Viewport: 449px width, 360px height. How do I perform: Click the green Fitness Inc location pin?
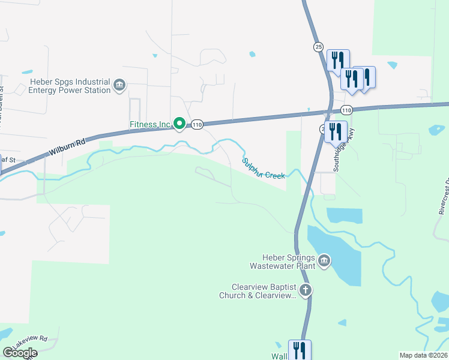click(179, 124)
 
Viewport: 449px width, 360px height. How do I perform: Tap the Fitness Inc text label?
click(150, 125)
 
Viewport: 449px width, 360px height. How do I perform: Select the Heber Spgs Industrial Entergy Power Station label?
click(70, 86)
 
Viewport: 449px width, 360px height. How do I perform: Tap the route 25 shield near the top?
click(318, 46)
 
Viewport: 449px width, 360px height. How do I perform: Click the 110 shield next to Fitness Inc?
click(197, 125)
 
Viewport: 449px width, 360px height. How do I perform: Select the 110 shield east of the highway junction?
click(346, 110)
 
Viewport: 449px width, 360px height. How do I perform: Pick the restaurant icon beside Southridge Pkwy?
click(336, 131)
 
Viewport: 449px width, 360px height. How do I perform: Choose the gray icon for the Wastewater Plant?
click(324, 260)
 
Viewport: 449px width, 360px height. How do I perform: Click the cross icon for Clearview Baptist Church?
click(305, 291)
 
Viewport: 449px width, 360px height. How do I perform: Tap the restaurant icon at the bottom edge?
click(300, 350)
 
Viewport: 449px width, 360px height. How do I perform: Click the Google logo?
click(20, 352)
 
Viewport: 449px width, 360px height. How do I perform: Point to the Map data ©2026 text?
click(423, 355)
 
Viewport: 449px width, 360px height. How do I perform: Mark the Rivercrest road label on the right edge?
click(444, 196)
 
